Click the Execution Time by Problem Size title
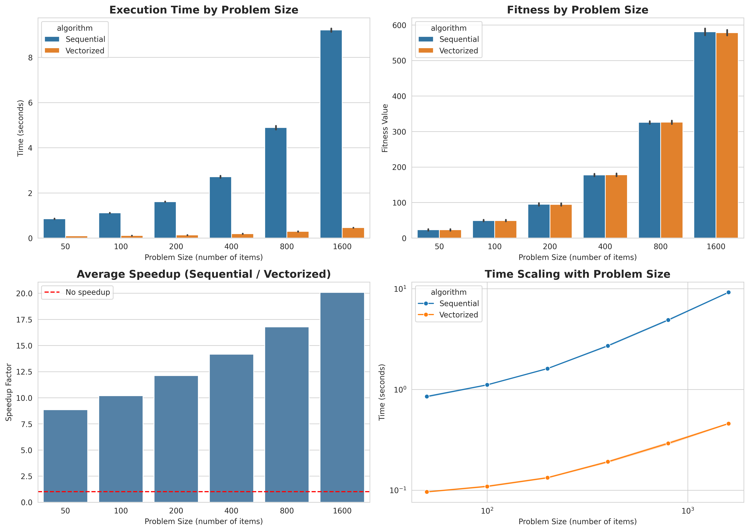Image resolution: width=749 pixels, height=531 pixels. (x=204, y=10)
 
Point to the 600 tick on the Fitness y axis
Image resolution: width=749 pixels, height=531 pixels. (x=399, y=26)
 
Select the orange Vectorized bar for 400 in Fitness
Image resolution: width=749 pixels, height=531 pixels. (x=616, y=207)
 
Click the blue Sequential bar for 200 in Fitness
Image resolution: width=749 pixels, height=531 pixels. (x=539, y=221)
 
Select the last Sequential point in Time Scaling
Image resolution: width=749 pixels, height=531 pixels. (x=728, y=292)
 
